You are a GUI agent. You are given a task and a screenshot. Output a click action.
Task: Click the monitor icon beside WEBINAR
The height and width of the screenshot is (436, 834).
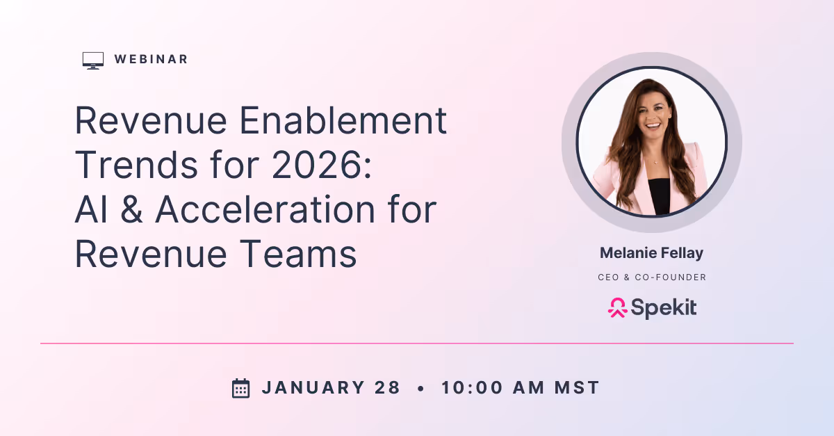pos(92,60)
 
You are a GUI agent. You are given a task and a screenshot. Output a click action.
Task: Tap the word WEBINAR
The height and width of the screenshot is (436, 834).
pos(152,60)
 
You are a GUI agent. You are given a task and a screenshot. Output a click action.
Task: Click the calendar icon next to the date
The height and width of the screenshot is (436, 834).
pos(240,388)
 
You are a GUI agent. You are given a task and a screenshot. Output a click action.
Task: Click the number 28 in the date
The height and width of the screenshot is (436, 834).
pos(389,388)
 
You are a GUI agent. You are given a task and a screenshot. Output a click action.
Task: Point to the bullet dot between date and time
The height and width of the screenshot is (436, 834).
pos(420,389)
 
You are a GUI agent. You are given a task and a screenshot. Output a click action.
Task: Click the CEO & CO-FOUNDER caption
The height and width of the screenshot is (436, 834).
pos(652,277)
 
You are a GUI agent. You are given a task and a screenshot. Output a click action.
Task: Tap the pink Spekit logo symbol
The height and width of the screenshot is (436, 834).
pos(617,307)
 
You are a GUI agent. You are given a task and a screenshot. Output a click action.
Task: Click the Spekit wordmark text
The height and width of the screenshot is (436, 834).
pos(664,307)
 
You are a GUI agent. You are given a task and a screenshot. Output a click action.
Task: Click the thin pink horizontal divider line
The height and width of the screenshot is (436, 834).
pos(417,344)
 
